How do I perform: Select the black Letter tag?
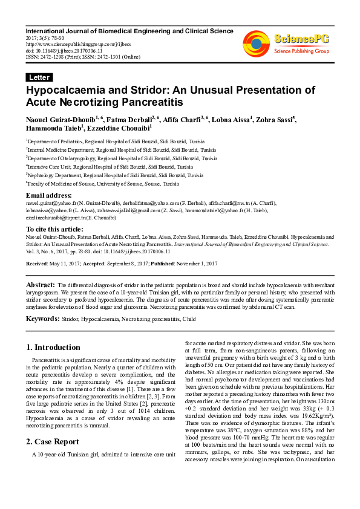point(39,77)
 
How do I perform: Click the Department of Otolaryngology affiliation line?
point(121,158)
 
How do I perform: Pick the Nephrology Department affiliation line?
point(114,175)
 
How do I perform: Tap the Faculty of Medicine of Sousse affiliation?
point(102,183)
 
